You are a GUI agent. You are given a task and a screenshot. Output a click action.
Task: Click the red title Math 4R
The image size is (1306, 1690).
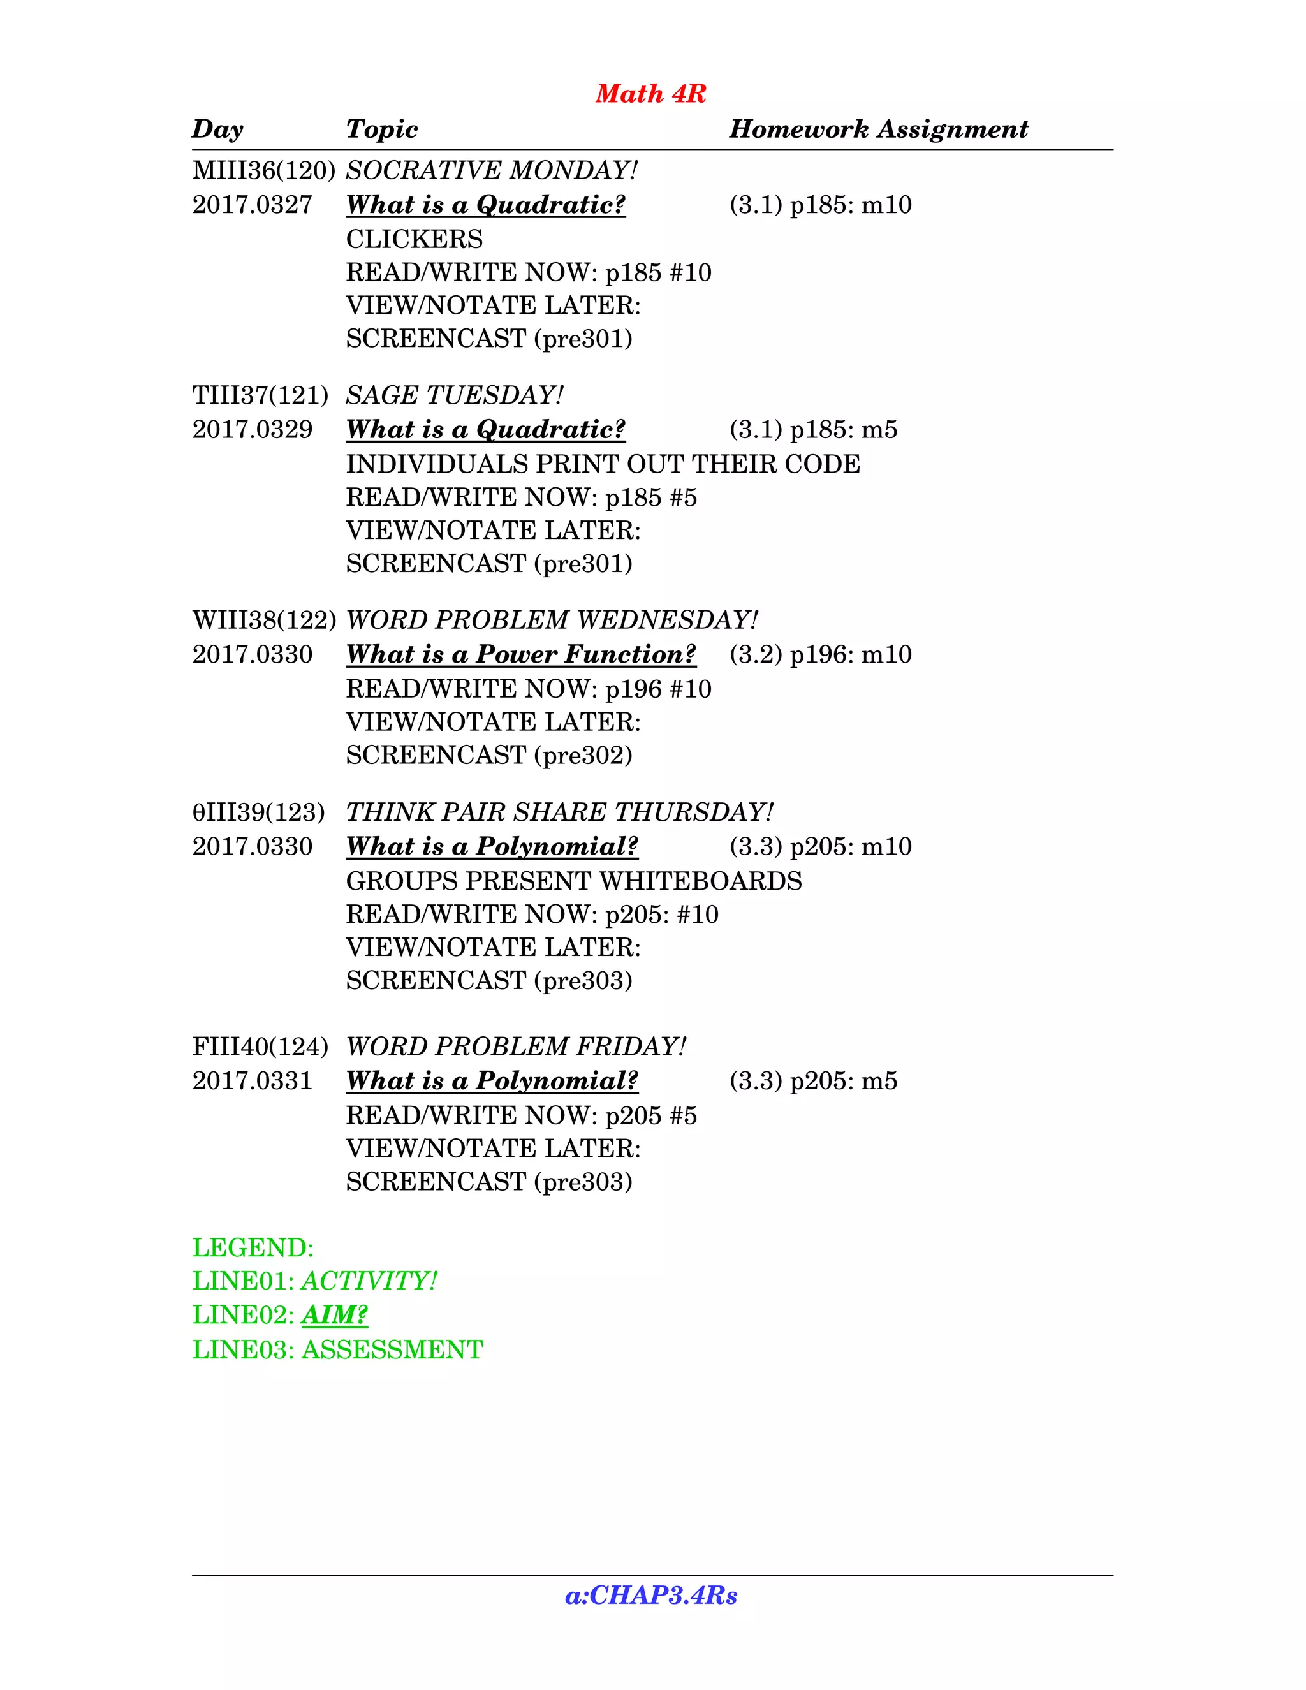point(650,94)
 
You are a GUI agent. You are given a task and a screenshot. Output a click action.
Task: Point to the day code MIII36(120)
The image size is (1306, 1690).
point(263,170)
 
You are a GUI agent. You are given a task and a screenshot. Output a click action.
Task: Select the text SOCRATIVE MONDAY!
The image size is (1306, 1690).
point(491,170)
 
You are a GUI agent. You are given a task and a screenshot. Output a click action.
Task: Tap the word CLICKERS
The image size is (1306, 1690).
point(414,239)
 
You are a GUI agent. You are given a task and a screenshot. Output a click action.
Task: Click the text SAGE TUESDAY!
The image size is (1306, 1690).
point(454,395)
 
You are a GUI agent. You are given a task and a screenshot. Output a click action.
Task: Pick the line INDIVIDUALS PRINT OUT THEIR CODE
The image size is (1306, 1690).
point(603,464)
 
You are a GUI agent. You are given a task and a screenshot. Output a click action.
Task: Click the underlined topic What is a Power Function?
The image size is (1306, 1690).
point(521,655)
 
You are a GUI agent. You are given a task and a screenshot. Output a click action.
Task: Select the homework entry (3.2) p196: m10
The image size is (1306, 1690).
point(820,655)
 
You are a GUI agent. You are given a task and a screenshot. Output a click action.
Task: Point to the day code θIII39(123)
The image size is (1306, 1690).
point(258,812)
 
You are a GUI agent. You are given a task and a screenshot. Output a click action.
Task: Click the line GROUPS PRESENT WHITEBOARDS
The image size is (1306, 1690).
point(573,881)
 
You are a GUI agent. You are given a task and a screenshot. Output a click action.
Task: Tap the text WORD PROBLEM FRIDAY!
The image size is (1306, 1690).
point(516,1047)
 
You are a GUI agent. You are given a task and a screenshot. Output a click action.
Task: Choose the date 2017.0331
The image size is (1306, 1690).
point(253,1081)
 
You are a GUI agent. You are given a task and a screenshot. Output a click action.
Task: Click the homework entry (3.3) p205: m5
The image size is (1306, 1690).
point(813,1081)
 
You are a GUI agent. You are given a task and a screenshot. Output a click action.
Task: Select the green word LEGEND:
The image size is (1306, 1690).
point(253,1248)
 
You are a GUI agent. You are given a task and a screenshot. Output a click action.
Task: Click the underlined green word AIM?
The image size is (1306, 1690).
point(334,1316)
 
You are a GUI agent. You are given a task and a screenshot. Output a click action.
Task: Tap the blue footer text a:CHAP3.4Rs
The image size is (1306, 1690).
point(650,1596)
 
